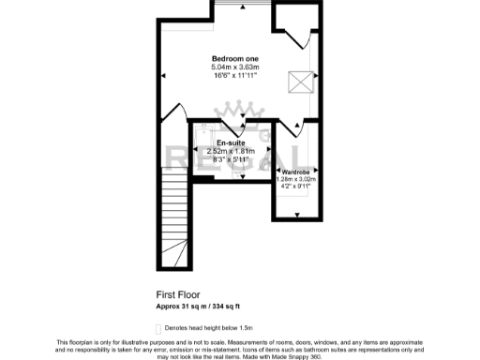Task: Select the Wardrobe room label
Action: click(x=296, y=172)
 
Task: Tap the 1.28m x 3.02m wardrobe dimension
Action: click(x=296, y=180)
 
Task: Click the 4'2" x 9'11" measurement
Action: click(x=296, y=187)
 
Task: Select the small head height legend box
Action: click(x=157, y=327)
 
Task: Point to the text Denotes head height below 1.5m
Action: click(x=209, y=327)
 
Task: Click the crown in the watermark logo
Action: click(x=230, y=116)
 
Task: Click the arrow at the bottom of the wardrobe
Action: click(x=297, y=213)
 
